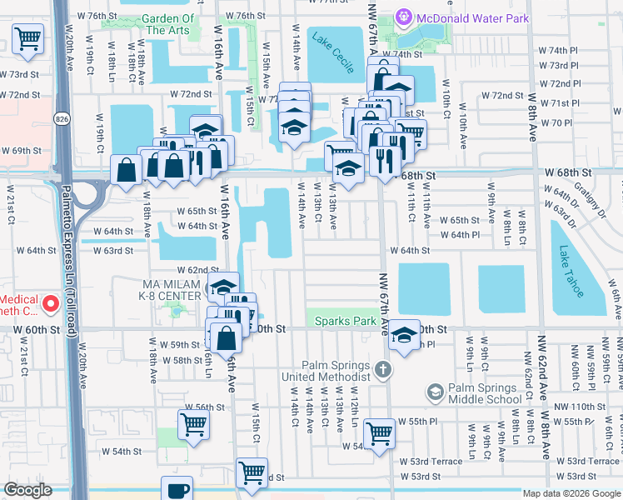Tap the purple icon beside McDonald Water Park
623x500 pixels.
[404, 15]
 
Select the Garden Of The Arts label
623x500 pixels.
[168, 24]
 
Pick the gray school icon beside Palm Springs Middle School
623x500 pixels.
[434, 391]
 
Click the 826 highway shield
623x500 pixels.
[62, 115]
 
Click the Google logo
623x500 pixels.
[27, 490]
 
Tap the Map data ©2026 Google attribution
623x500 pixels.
[571, 493]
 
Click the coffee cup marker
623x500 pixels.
[177, 489]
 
